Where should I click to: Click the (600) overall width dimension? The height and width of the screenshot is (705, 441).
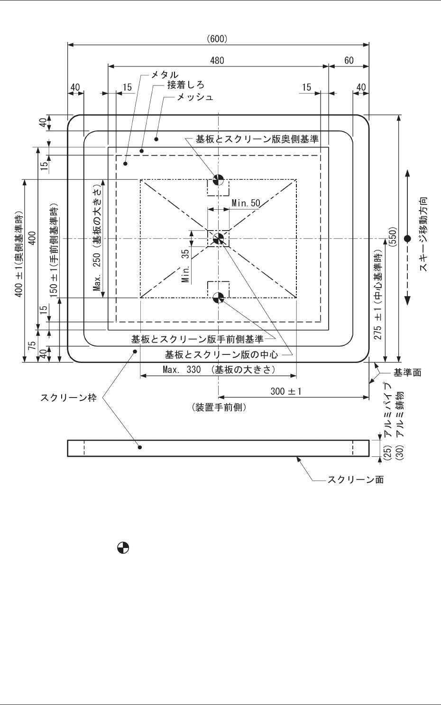tap(217, 39)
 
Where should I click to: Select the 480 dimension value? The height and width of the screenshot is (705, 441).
tap(217, 61)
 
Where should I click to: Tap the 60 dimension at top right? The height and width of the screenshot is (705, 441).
tap(349, 61)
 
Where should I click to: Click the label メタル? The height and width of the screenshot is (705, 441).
tap(165, 75)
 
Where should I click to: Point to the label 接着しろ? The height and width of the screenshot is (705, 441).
tap(185, 85)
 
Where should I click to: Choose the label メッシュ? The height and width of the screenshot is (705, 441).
tap(195, 97)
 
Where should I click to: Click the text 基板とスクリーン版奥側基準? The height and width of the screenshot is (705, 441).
tap(257, 139)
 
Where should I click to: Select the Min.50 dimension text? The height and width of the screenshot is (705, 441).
tap(246, 204)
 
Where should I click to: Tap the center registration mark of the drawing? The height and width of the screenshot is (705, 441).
tap(218, 239)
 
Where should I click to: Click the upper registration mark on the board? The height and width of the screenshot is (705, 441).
tap(218, 179)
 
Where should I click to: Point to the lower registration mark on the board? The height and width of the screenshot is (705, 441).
tap(218, 297)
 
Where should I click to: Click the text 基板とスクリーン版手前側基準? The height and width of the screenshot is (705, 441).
tap(197, 340)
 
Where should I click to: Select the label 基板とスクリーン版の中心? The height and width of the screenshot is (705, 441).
tap(221, 354)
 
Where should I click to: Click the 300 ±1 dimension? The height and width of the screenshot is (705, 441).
tap(286, 391)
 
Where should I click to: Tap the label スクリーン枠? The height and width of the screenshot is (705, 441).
tap(68, 398)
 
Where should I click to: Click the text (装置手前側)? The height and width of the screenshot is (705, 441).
tap(219, 407)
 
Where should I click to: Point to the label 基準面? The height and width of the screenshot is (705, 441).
tap(407, 373)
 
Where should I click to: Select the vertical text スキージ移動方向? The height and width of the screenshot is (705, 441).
tap(423, 234)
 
